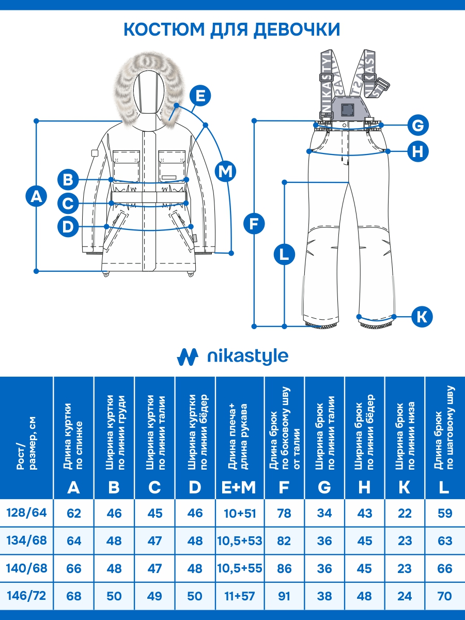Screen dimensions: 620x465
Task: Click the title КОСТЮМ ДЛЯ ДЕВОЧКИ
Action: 232,29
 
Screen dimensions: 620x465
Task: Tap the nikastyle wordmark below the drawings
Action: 247,356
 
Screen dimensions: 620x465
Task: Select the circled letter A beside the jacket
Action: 36,196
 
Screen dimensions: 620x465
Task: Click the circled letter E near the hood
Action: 200,96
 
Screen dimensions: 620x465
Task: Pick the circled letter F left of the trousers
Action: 254,223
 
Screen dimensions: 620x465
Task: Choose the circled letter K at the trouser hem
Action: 422,315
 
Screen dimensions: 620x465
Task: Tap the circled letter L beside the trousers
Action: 284,254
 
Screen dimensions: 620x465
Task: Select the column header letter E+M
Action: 240,487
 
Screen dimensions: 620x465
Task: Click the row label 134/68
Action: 26,540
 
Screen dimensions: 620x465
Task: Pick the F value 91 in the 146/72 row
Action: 284,596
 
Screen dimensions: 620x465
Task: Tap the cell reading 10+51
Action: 240,513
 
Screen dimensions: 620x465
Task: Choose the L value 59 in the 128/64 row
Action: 444,513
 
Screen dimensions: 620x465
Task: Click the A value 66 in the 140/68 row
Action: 74,568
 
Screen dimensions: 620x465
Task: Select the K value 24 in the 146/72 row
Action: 405,596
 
